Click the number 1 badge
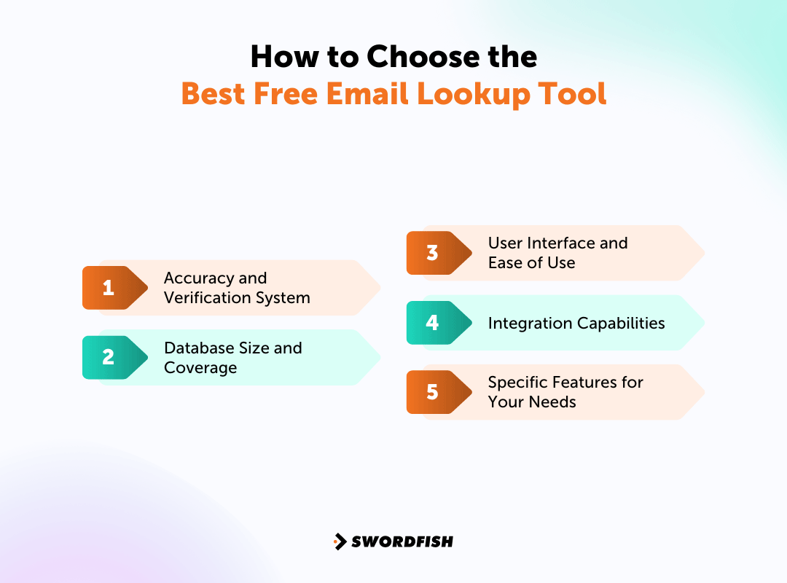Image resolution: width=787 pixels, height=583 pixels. [109, 288]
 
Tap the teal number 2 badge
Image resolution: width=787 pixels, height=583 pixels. [109, 357]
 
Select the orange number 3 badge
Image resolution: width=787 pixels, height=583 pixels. [432, 253]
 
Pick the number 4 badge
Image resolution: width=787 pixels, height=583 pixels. [432, 323]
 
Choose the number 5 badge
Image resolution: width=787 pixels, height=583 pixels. [432, 392]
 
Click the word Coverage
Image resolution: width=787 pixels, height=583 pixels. [200, 368]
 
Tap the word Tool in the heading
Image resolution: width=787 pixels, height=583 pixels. [575, 94]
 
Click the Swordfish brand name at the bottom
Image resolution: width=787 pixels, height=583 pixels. [402, 541]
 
